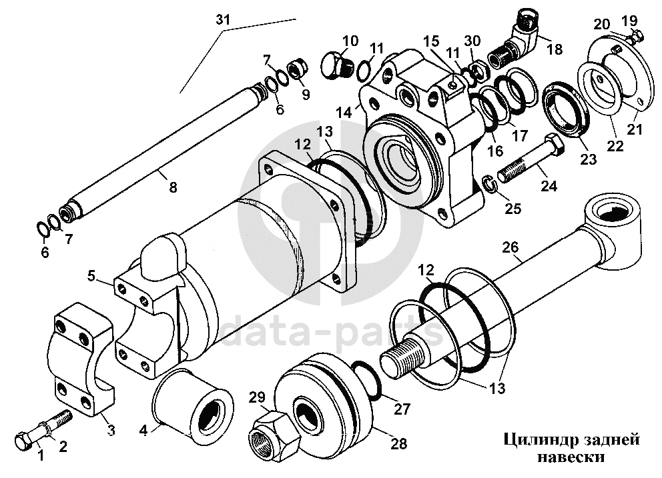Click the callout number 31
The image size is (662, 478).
click(224, 20)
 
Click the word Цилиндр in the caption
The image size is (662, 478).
click(536, 440)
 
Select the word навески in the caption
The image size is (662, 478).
click(571, 457)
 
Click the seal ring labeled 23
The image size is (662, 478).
click(565, 110)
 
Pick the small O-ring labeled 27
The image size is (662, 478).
click(366, 379)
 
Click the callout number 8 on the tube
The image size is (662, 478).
click(173, 187)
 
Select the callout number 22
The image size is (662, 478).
click(615, 146)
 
